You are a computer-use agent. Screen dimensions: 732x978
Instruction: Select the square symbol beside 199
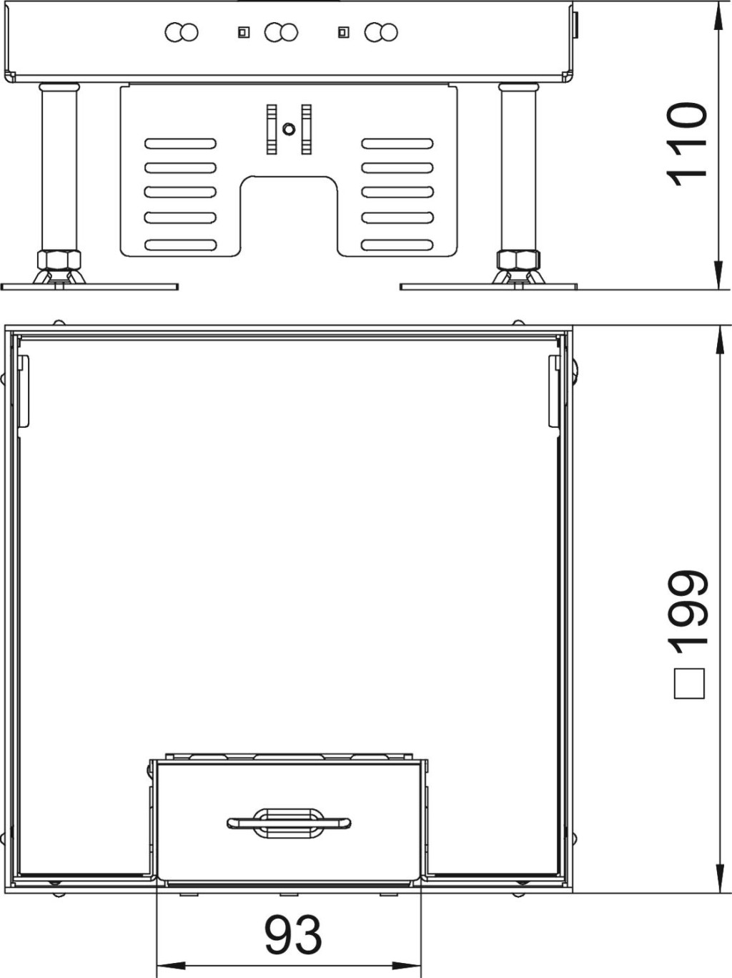(x=689, y=683)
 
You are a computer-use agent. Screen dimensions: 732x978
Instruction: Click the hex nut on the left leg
(x=59, y=259)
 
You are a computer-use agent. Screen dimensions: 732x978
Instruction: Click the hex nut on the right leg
(x=518, y=259)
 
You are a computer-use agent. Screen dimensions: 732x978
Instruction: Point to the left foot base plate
(x=89, y=287)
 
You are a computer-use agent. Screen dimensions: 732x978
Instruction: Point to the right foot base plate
(x=488, y=287)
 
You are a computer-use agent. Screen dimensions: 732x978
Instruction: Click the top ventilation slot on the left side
(x=180, y=144)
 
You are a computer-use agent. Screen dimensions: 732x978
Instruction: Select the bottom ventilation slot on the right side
(x=397, y=245)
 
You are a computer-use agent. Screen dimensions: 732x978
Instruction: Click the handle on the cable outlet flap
(x=289, y=823)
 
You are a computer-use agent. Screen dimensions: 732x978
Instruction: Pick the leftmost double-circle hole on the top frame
(x=181, y=32)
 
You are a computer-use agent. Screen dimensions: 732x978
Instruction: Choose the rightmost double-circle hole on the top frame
(x=381, y=32)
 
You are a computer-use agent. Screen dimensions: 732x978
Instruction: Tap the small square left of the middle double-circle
(x=244, y=32)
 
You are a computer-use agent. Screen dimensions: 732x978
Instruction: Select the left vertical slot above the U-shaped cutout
(x=272, y=129)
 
